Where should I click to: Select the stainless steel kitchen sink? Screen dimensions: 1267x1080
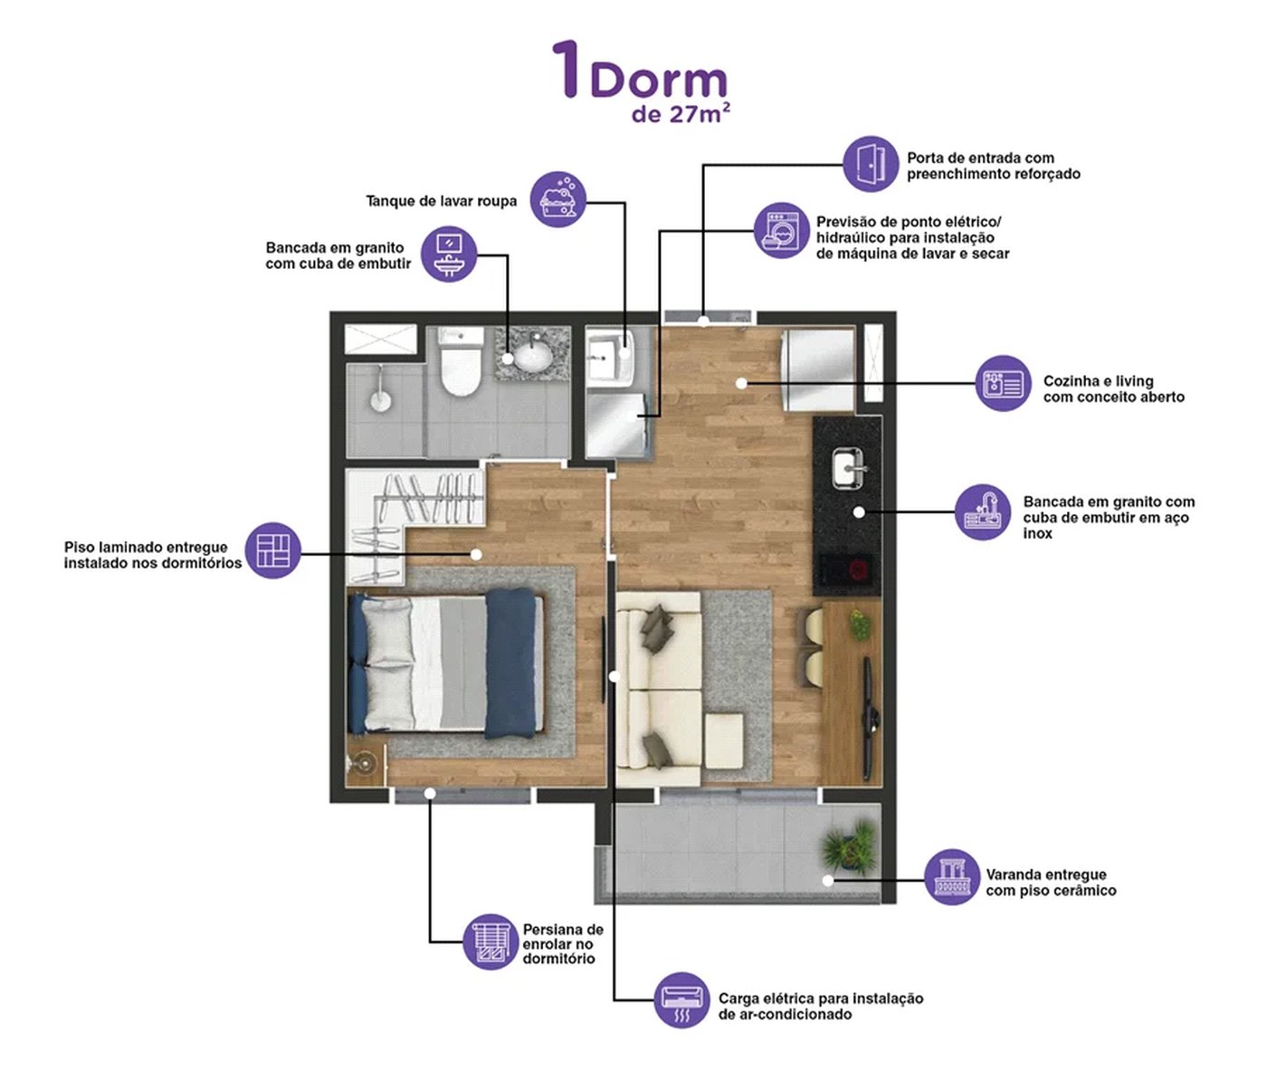click(x=848, y=469)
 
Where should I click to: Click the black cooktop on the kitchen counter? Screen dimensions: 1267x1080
click(x=846, y=569)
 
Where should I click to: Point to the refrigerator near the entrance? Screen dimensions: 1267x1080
click(x=818, y=370)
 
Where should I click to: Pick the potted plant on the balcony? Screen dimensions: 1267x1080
click(x=849, y=846)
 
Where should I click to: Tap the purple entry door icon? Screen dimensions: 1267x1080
click(x=871, y=164)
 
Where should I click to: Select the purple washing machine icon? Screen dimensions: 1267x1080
click(x=782, y=231)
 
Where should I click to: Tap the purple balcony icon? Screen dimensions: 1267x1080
click(x=952, y=877)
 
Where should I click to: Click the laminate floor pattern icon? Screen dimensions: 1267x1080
click(x=273, y=550)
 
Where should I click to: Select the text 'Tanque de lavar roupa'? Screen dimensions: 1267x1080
click(x=442, y=201)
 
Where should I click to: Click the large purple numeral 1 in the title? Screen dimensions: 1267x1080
click(x=567, y=69)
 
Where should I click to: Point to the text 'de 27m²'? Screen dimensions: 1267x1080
click(x=681, y=113)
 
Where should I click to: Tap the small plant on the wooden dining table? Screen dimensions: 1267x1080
click(x=860, y=625)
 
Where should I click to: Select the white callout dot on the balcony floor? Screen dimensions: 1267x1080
click(x=827, y=881)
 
